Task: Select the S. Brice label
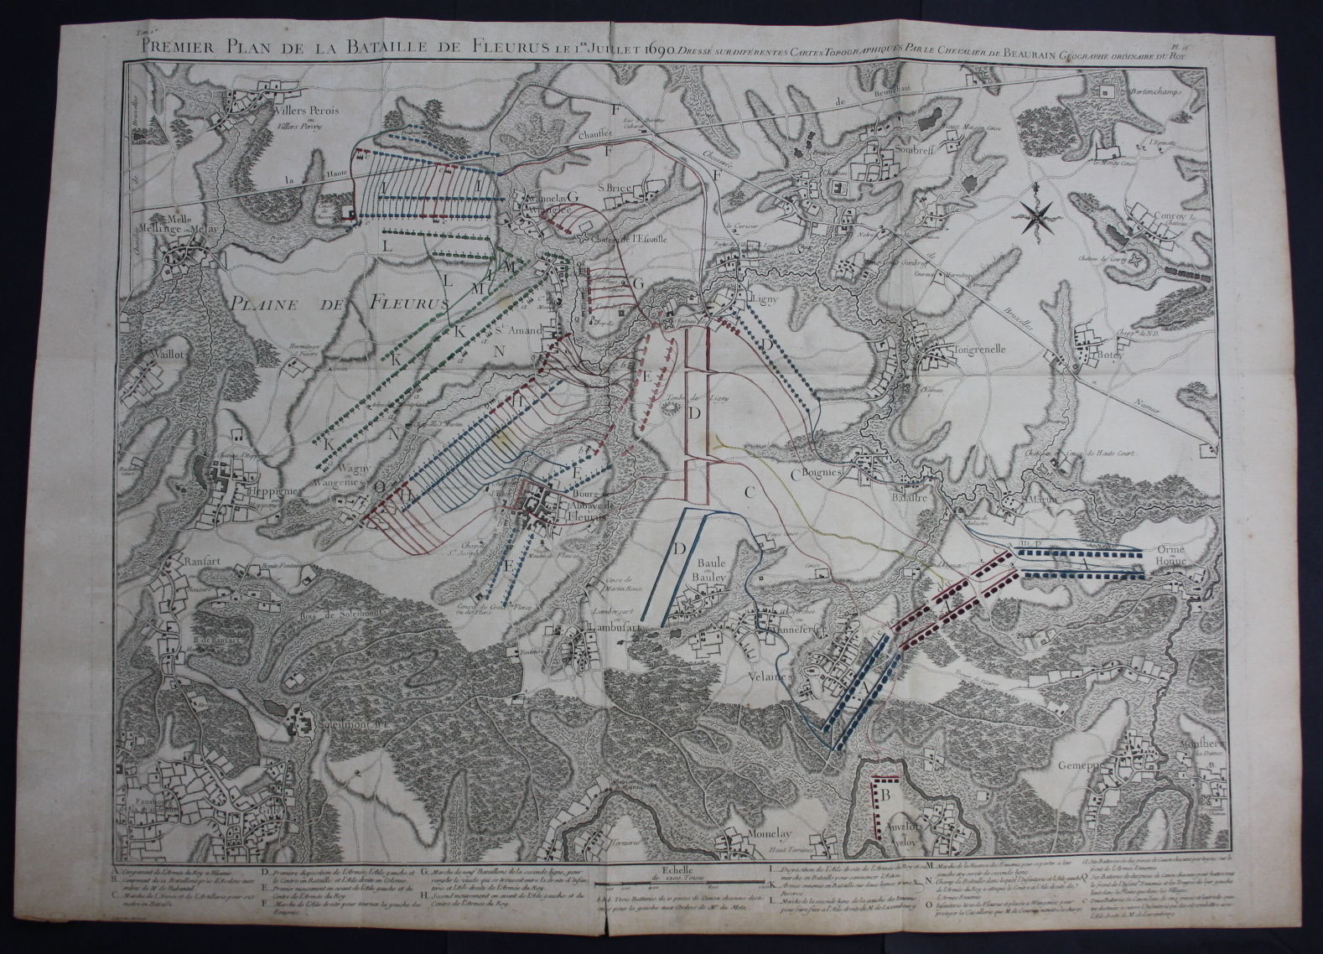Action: tap(615, 187)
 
